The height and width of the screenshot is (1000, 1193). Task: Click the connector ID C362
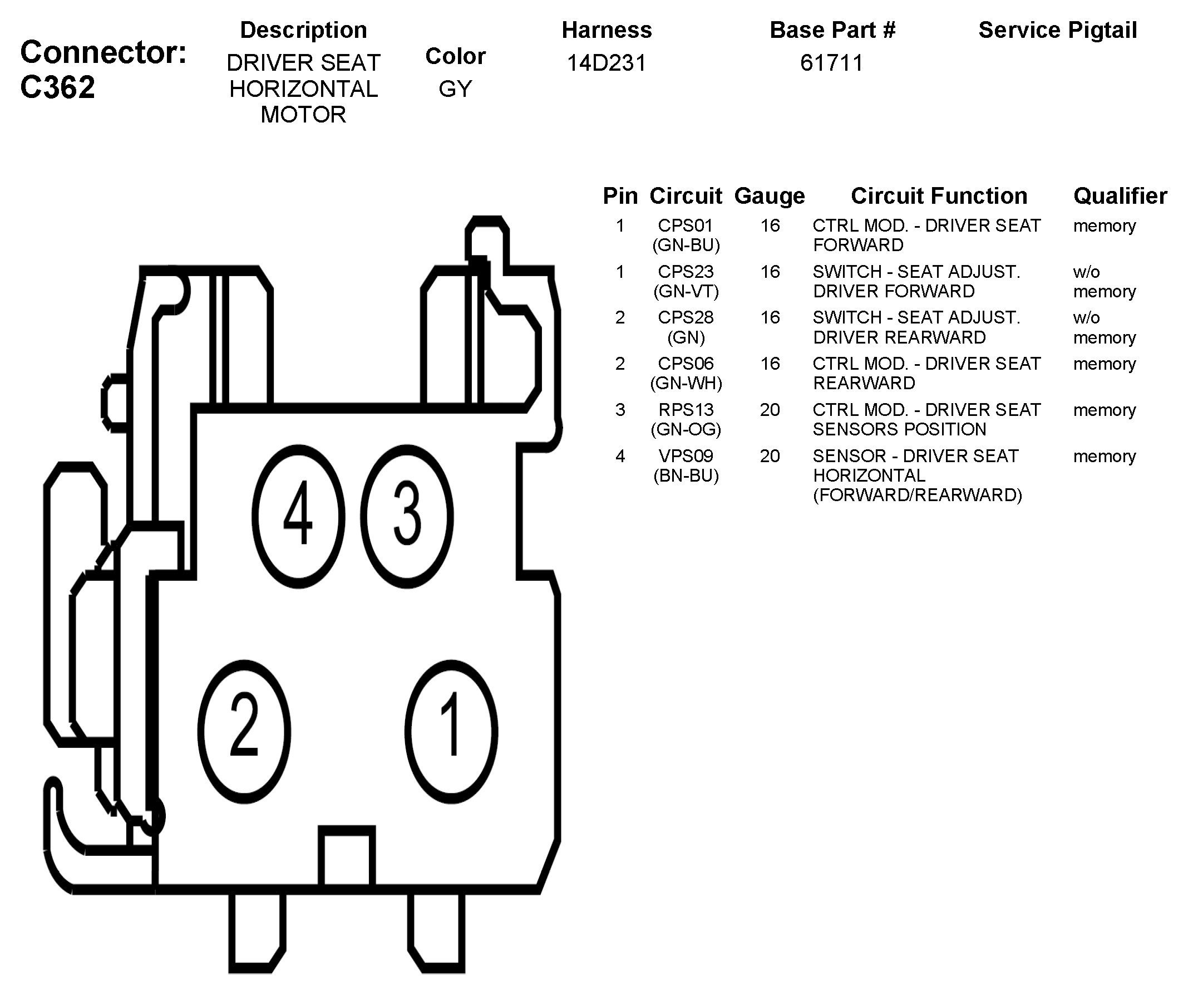(57, 87)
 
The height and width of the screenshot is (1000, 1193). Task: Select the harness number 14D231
(606, 63)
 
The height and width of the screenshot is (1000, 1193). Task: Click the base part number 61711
(831, 63)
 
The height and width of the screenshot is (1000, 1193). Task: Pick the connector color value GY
(455, 89)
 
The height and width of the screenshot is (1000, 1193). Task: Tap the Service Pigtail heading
(1057, 30)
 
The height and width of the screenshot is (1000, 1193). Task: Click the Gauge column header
(769, 196)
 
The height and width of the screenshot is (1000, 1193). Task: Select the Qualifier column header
(1120, 196)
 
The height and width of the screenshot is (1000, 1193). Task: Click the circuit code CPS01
(686, 226)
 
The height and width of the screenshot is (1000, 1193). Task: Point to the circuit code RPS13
(686, 410)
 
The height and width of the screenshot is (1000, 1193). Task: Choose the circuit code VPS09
(686, 456)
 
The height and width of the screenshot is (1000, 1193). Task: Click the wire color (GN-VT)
(686, 291)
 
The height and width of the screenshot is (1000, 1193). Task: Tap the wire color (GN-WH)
(686, 383)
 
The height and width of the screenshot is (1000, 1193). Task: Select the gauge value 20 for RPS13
(769, 410)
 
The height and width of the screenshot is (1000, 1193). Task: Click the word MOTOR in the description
(303, 115)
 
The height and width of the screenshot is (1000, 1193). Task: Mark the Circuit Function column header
(939, 196)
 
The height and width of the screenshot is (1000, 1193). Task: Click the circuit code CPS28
(686, 317)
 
